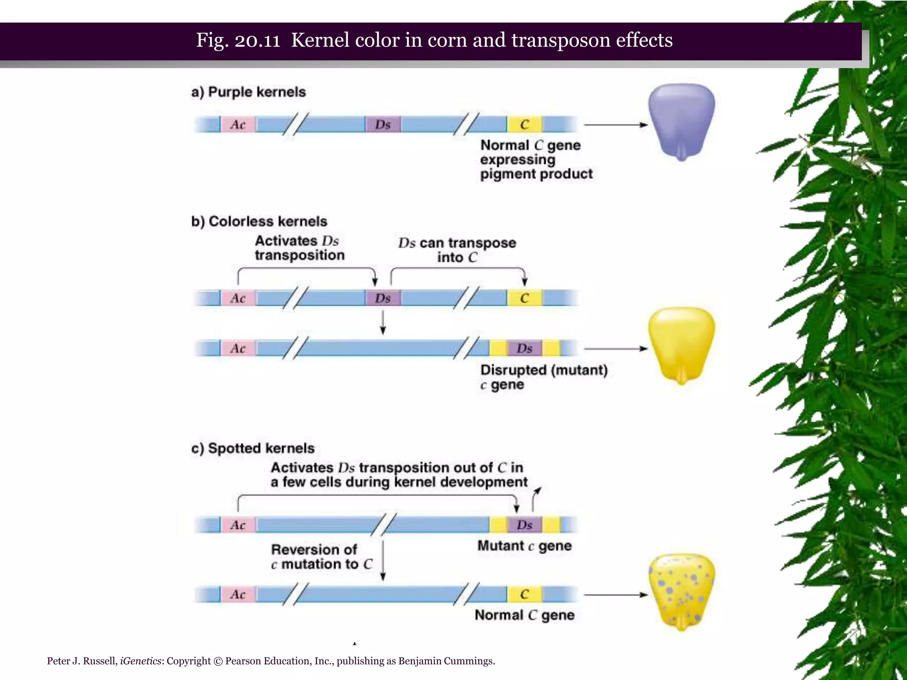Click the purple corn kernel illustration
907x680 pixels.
click(681, 120)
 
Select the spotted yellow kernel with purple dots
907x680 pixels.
click(681, 591)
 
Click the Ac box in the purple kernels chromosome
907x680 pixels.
click(238, 125)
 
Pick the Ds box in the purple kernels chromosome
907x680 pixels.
click(383, 125)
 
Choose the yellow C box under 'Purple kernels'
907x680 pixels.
click(524, 125)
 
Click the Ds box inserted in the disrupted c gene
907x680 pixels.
click(524, 348)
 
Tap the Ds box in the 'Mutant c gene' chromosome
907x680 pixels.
click(524, 525)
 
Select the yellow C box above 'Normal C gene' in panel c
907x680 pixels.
click(524, 594)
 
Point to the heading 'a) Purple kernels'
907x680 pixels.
click(248, 92)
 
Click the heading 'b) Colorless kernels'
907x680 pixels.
click(259, 221)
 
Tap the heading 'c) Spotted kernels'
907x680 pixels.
click(252, 448)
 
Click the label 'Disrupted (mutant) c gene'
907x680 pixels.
click(543, 377)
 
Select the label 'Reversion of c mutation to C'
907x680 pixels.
click(322, 556)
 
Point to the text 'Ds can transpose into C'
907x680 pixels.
click(457, 250)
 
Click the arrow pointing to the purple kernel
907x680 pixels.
click(616, 125)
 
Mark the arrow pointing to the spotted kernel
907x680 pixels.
click(616, 595)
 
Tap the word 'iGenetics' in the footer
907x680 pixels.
click(140, 661)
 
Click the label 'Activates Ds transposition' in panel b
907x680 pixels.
click(299, 248)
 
